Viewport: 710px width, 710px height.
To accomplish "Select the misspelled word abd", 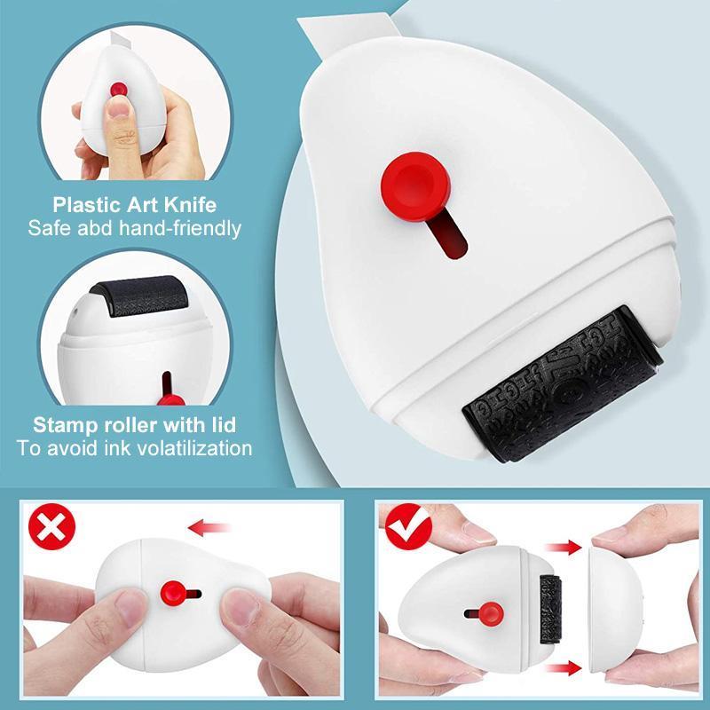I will coord(99,228).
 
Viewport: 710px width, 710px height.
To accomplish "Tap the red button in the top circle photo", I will coord(116,91).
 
